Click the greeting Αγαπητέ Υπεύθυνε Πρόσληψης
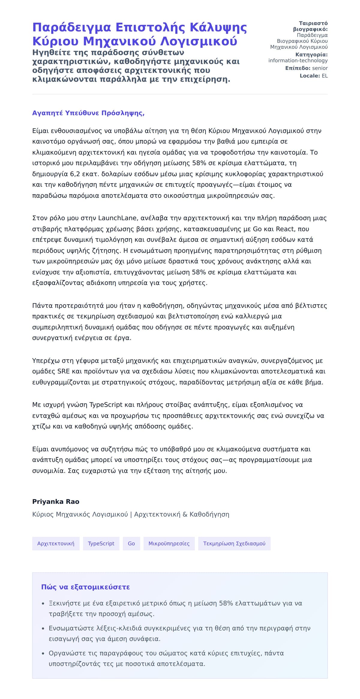(x=88, y=113)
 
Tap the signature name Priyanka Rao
(x=56, y=502)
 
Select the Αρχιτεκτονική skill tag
(x=56, y=544)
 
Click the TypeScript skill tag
(x=101, y=544)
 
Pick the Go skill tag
(x=131, y=544)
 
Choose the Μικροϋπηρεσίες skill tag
(x=169, y=544)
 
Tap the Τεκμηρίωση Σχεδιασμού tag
(x=234, y=544)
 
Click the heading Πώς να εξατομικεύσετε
(x=85, y=587)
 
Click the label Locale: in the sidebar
(x=310, y=76)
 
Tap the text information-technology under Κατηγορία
(x=298, y=61)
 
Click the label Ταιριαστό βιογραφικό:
(x=310, y=26)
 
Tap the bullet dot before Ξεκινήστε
(x=43, y=603)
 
